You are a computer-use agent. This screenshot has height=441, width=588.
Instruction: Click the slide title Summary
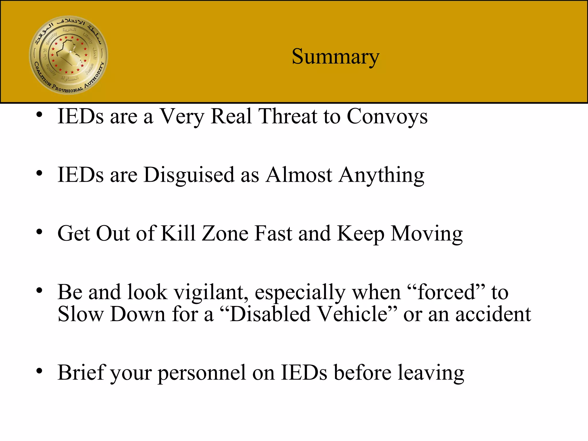pos(335,57)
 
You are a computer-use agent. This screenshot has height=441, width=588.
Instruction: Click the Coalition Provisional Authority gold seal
pos(69,55)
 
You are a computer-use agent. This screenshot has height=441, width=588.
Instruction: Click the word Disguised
pos(189,175)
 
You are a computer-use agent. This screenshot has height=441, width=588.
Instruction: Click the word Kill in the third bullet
pos(178,233)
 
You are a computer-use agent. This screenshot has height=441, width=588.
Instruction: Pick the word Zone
pos(225,233)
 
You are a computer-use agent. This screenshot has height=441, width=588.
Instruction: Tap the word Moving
pos(427,234)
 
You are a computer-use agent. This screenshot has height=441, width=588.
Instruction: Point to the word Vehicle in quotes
pos(353,314)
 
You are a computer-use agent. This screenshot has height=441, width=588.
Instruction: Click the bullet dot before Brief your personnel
pos(39,371)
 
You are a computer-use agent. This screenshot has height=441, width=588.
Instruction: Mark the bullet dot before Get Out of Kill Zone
pos(39,232)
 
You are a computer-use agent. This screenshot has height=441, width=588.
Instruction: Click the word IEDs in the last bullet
pos(304,373)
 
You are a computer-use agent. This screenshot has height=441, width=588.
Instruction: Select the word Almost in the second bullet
pos(299,175)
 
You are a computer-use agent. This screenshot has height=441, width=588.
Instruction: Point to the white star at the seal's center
pos(71,52)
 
